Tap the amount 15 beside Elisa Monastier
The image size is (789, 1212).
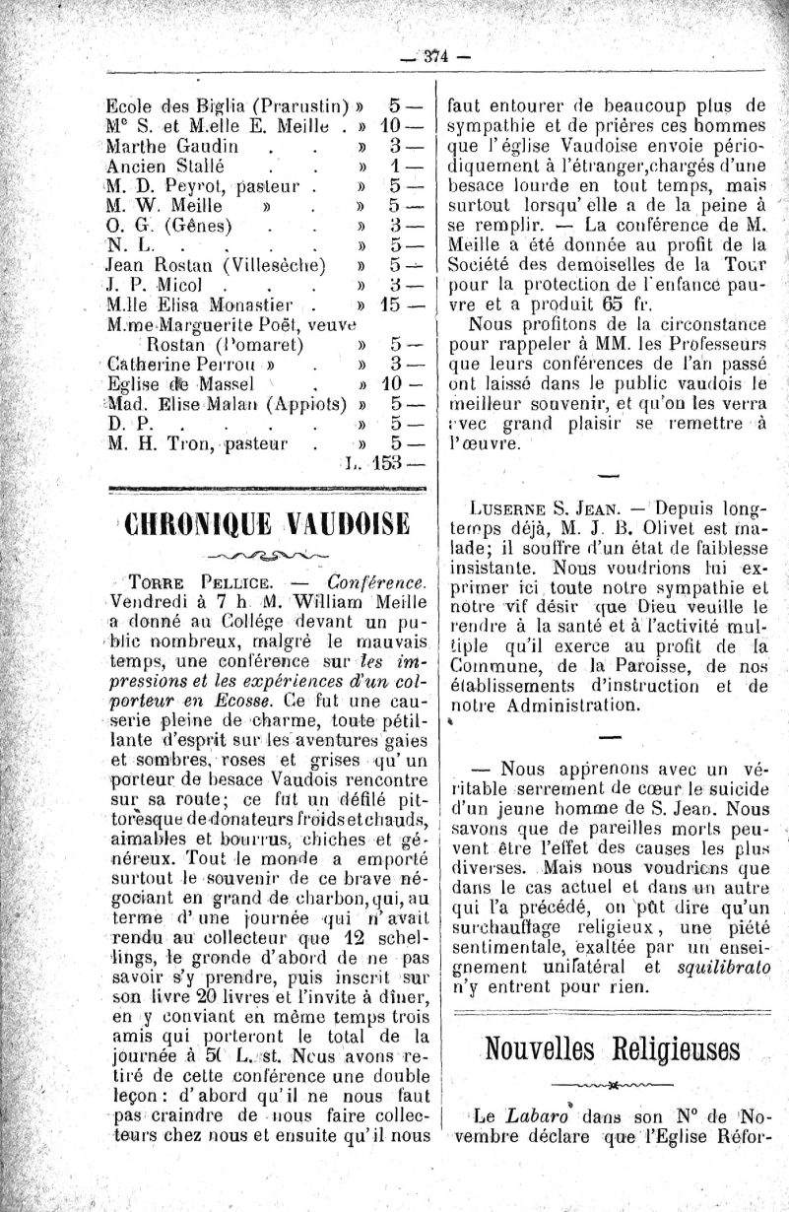click(394, 304)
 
